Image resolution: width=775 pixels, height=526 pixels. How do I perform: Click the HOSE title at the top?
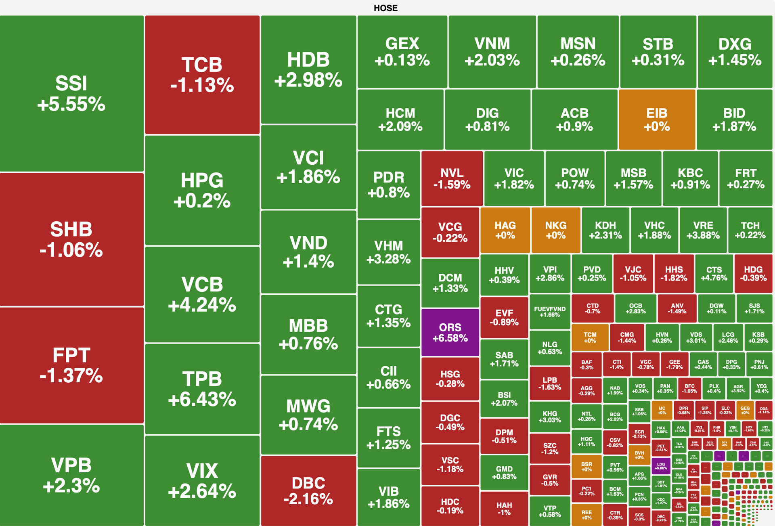[x=385, y=8]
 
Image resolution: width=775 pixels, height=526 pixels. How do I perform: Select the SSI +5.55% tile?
[x=71, y=94]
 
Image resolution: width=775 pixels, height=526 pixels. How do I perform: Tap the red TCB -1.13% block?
[x=202, y=75]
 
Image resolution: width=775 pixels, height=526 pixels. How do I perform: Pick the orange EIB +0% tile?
[x=657, y=119]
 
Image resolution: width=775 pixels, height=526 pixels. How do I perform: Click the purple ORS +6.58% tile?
[x=450, y=332]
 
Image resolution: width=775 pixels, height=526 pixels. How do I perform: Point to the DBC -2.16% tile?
[x=308, y=490]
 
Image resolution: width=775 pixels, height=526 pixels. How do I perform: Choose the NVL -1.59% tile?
[x=452, y=178]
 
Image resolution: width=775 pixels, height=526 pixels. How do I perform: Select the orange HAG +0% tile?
[x=505, y=230]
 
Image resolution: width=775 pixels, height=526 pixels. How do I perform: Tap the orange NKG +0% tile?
[x=556, y=230]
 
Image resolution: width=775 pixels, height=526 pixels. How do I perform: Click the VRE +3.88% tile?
[x=703, y=230]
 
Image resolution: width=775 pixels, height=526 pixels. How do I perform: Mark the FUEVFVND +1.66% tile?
[x=550, y=312]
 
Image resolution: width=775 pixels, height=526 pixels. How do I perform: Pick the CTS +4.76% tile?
[x=714, y=273]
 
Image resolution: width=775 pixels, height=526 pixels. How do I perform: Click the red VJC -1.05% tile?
[x=633, y=273]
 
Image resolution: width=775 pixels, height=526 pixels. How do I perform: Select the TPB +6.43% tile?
[x=202, y=389]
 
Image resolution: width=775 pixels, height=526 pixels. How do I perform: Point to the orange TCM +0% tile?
[x=590, y=337]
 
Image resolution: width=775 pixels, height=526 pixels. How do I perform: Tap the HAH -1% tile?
[x=504, y=508]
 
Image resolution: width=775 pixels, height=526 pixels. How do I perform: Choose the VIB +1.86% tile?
[x=388, y=497]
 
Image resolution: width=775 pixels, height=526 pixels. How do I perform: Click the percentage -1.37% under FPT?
[x=71, y=376]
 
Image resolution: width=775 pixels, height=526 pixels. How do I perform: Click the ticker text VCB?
[x=202, y=285]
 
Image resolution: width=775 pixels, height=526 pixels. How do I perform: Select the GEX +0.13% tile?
[x=402, y=52]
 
